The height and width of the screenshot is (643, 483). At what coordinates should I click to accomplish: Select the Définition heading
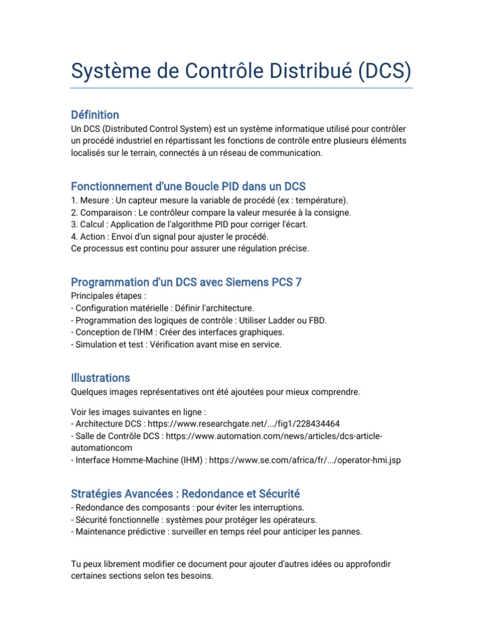(x=95, y=115)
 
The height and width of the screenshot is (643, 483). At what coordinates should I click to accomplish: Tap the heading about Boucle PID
(x=188, y=186)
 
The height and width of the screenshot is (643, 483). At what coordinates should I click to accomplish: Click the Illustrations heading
(x=101, y=378)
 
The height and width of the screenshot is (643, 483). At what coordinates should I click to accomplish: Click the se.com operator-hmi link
(x=304, y=460)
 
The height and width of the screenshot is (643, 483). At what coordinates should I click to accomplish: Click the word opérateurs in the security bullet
(x=294, y=520)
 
